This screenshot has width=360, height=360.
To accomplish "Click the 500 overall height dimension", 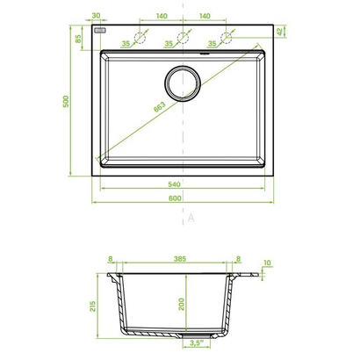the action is [66, 101].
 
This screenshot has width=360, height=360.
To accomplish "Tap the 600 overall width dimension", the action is [175, 198].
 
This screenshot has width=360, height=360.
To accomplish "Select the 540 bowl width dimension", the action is [174, 184].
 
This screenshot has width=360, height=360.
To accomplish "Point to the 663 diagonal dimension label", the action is [160, 107].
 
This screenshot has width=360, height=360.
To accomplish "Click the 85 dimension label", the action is [78, 39].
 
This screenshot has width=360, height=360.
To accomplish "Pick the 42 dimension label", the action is [281, 32].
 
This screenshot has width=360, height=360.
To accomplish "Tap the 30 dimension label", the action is [96, 16].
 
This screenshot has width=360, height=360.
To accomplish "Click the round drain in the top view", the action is [183, 83].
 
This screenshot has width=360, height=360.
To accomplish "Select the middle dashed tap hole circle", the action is [183, 38].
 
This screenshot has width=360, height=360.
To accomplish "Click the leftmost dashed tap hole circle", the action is [140, 38].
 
